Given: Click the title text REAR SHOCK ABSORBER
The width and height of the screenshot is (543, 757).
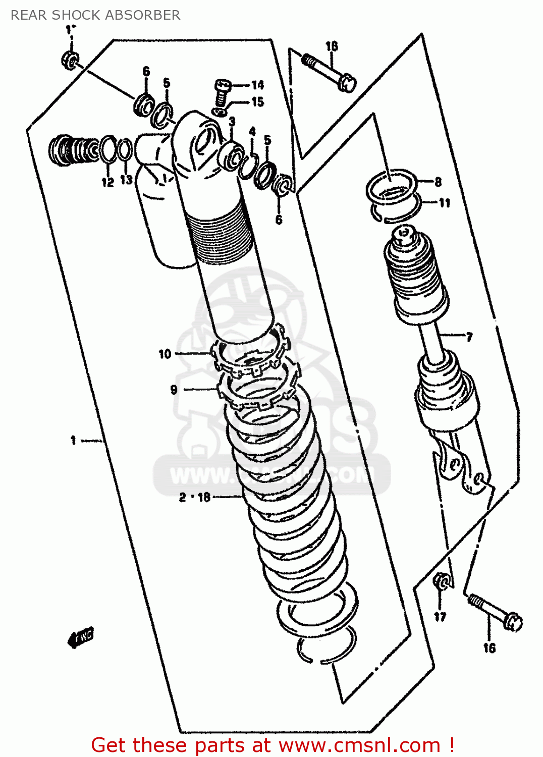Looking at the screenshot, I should [x=95, y=15].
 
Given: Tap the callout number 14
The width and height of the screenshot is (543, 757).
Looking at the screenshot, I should [x=257, y=85].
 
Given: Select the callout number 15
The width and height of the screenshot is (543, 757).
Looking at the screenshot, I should [x=257, y=102].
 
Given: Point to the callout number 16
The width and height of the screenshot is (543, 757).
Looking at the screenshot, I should [x=489, y=648].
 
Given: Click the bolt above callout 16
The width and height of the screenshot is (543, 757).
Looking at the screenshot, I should [x=495, y=612].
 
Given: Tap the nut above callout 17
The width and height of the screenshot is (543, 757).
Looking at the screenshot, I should [x=441, y=582].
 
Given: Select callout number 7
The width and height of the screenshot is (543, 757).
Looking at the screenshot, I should [x=469, y=337].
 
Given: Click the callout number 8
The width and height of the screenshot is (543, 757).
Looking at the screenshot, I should [x=438, y=182].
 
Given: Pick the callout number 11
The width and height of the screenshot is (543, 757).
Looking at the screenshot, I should [x=444, y=203].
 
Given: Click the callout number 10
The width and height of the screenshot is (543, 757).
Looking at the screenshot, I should [x=165, y=354].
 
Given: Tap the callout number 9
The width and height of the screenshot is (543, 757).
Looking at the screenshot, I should [x=174, y=390].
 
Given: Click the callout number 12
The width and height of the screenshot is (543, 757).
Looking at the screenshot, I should [x=107, y=182].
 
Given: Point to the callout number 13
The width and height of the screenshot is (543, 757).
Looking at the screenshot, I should [x=126, y=179].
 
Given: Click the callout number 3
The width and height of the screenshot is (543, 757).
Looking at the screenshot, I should [x=232, y=121].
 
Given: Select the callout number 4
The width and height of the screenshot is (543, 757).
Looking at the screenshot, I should [x=252, y=131].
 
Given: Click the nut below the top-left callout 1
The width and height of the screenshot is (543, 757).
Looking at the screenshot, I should [x=70, y=60].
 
